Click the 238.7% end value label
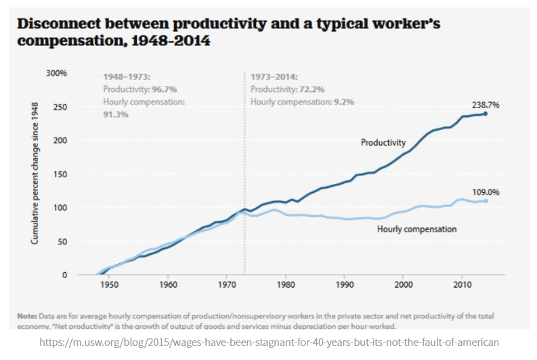[486, 105]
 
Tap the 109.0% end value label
[485, 192]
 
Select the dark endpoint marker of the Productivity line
[486, 113]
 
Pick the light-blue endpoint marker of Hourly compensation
[486, 201]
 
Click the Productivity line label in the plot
[383, 143]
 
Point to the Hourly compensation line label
[416, 229]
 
